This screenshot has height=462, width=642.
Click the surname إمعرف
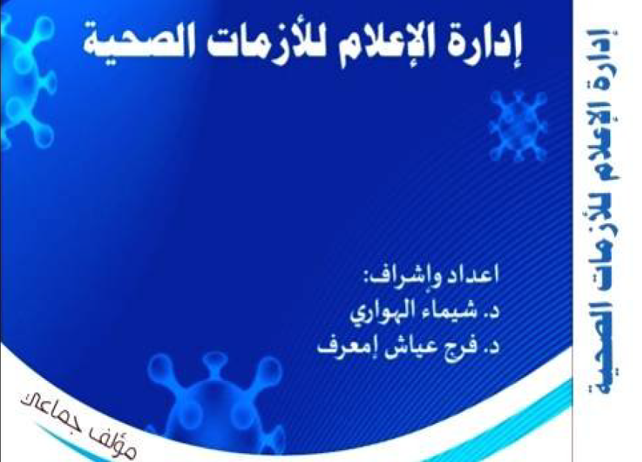click(342, 343)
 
